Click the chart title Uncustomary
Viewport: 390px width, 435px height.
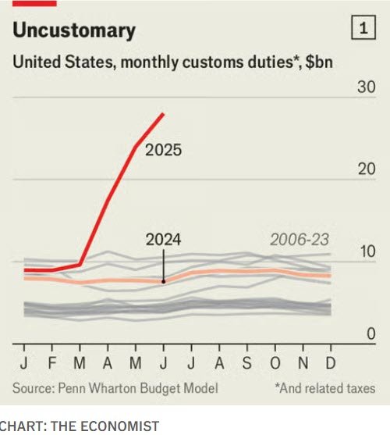[x=73, y=30]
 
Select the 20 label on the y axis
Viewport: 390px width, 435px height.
[x=367, y=169]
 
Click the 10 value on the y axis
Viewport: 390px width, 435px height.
[x=367, y=251]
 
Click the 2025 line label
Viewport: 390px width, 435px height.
[x=163, y=149]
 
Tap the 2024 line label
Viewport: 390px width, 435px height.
[x=163, y=240]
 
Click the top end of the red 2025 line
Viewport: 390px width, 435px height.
[x=163, y=114]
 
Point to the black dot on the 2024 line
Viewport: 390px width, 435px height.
[x=163, y=281]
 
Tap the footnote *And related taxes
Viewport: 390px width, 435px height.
[x=325, y=387]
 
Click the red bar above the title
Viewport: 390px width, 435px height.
[x=34, y=2]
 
